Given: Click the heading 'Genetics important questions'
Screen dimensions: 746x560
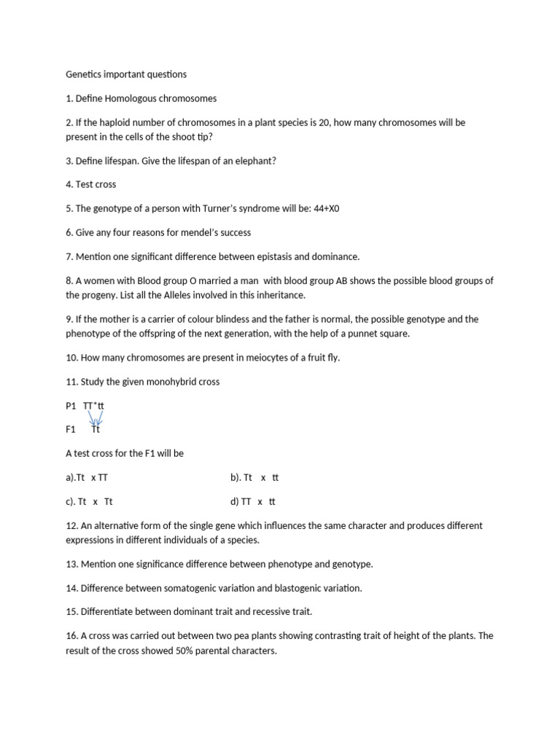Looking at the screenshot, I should pos(126,74).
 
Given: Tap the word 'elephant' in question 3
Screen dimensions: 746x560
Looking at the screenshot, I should pos(253,160).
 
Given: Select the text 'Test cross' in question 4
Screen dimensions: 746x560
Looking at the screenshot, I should pos(96,184).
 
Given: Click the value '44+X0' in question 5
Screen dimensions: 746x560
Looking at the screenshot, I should pos(326,208).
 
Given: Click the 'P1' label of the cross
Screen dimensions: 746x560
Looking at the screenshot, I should pos(71,406).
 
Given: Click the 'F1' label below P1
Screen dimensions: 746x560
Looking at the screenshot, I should pos(71,430).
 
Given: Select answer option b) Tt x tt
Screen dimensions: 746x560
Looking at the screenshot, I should pos(254,478).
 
